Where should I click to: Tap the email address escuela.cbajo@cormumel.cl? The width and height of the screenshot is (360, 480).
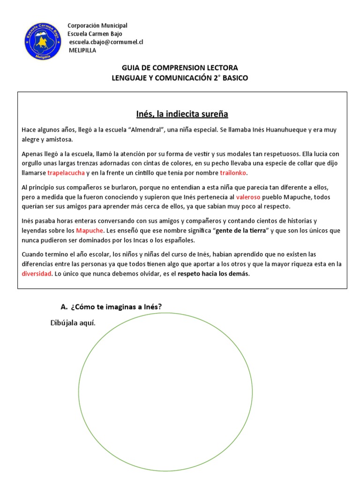(106, 42)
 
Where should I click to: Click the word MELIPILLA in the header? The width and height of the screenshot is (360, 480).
(82, 51)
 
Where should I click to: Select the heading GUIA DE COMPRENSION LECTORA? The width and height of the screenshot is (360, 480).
(180, 67)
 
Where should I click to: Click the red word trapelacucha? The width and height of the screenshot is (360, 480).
(66, 173)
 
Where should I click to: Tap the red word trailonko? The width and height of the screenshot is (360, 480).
(234, 173)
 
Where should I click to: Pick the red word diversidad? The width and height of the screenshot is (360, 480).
(36, 274)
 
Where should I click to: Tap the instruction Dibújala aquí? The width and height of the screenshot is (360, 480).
(73, 323)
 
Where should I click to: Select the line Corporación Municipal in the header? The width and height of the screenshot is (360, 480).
(97, 25)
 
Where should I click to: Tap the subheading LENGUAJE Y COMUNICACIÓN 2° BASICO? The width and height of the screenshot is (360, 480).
(180, 78)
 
